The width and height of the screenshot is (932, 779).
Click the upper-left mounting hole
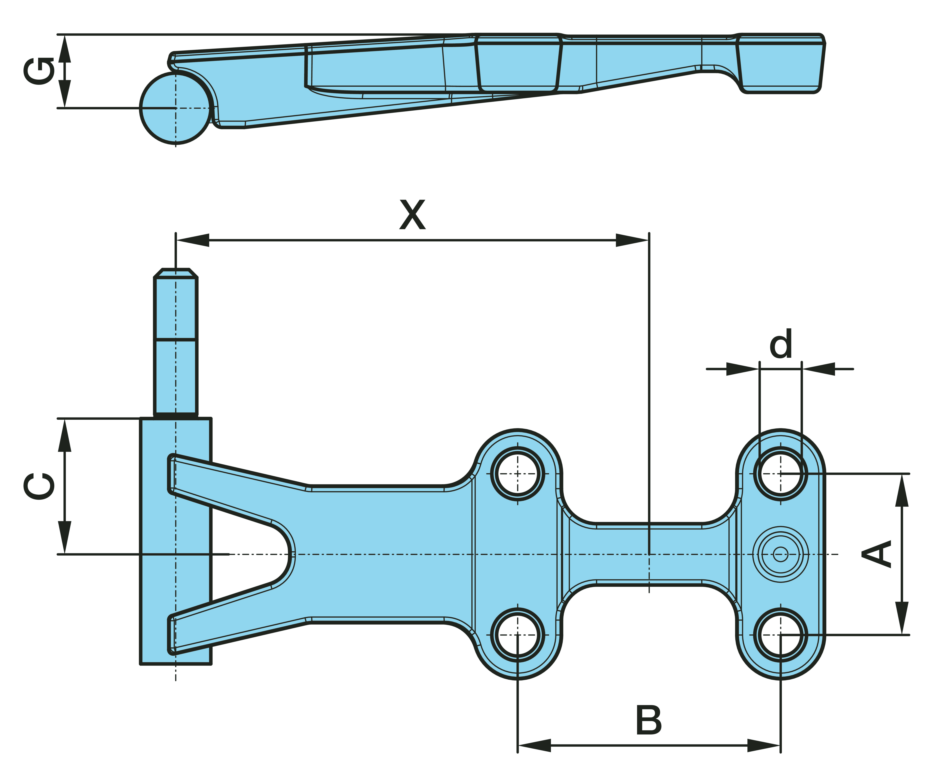tap(518, 474)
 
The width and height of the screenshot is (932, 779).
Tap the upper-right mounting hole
tap(781, 474)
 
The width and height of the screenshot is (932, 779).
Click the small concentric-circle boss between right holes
tap(781, 554)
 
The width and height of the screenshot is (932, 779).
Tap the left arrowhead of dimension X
tap(192, 240)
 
